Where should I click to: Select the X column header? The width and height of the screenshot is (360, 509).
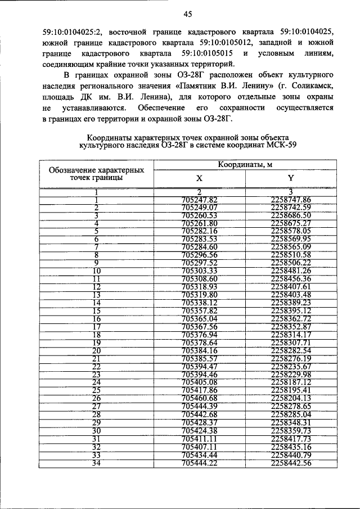(199, 178)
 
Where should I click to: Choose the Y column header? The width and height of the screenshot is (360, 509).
(291, 178)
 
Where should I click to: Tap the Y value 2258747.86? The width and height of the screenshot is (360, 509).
(291, 199)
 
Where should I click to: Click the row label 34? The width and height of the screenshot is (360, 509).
(96, 463)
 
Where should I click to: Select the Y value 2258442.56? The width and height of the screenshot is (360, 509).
(291, 463)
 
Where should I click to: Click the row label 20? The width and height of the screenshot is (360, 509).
(96, 350)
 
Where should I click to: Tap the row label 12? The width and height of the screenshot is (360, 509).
(96, 287)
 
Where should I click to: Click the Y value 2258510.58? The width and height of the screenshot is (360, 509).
(291, 255)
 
